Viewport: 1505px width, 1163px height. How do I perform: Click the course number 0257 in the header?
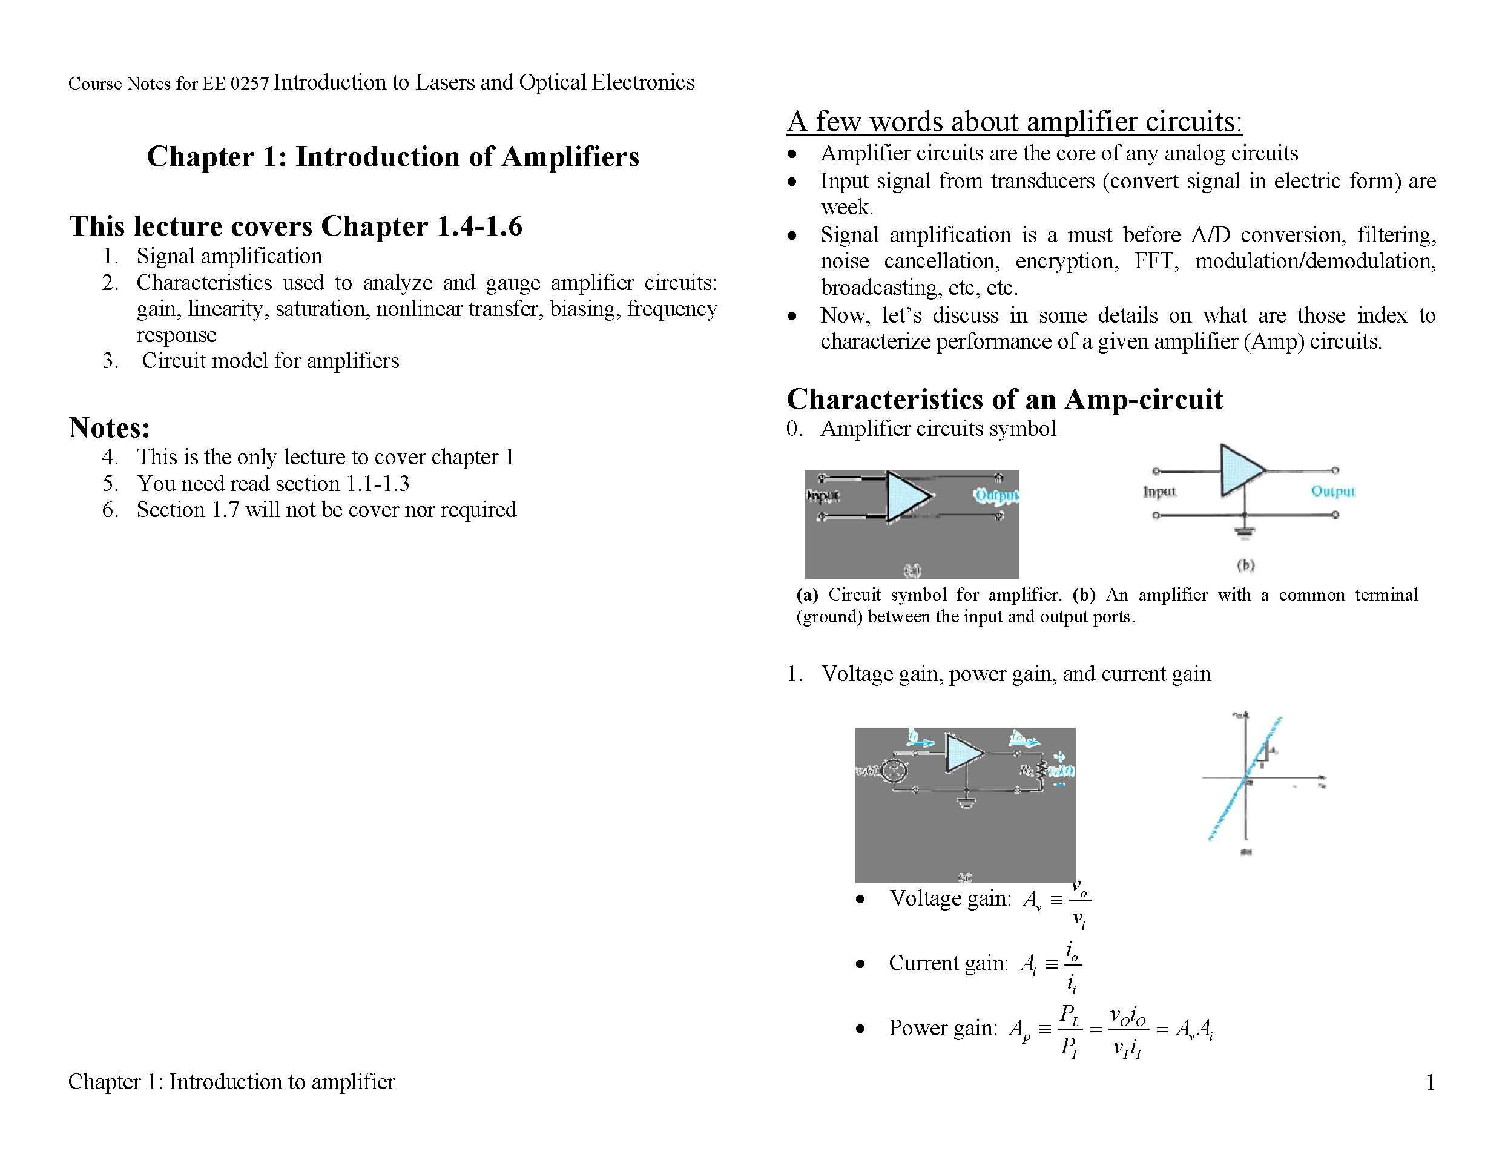(x=249, y=84)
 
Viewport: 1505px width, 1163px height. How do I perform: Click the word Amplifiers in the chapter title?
(x=570, y=156)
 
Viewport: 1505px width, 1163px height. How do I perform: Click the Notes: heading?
(x=109, y=427)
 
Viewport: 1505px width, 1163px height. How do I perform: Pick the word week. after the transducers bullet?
(x=846, y=206)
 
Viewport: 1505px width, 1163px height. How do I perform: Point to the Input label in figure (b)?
(x=1159, y=492)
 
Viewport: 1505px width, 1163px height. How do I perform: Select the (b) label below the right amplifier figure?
(x=1245, y=565)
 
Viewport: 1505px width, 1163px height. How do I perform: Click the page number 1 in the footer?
(x=1430, y=1082)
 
